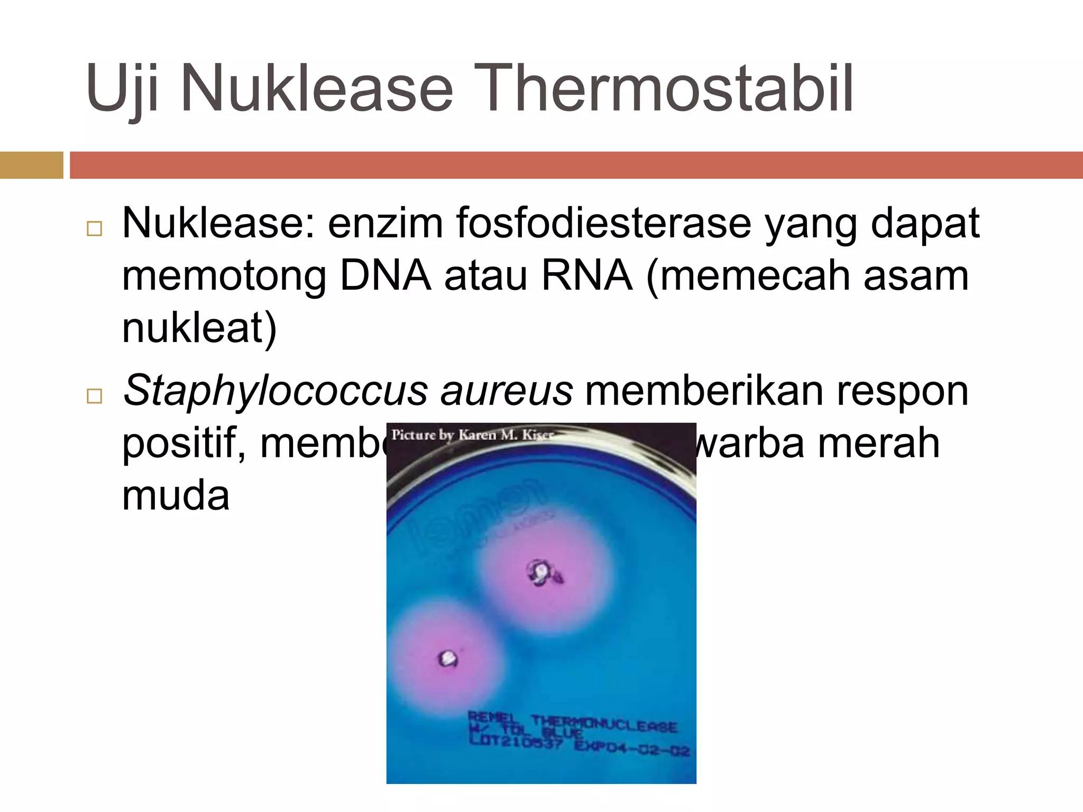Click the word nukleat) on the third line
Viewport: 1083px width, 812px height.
coord(199,328)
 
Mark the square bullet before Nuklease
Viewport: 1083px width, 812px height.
coord(94,229)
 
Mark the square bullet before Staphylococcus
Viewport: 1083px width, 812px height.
coord(94,396)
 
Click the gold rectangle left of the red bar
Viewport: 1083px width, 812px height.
coord(31,165)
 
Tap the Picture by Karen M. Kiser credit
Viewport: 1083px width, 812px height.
coord(472,435)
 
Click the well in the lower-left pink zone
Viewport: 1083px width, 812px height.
coord(449,658)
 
